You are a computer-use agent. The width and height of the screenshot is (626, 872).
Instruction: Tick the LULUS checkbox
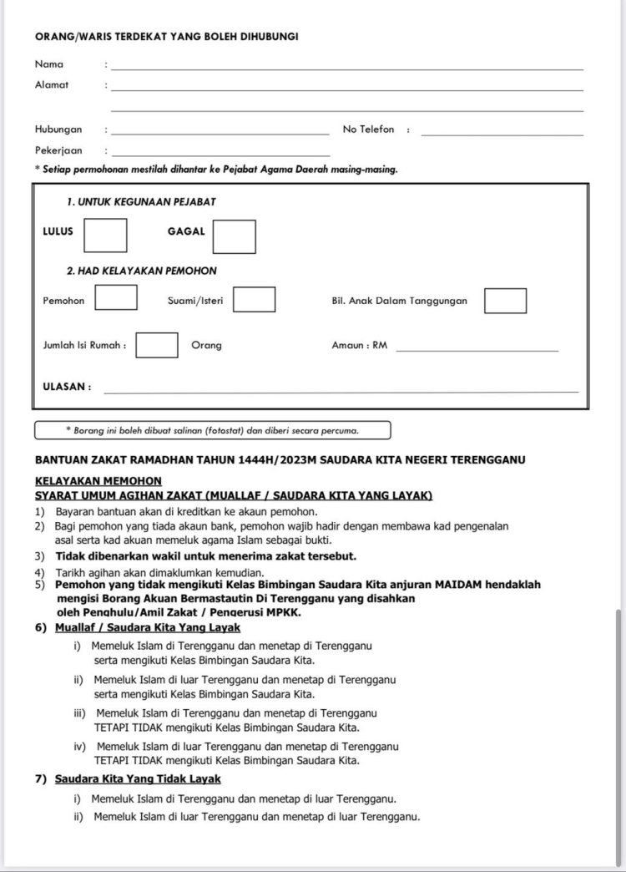(x=105, y=235)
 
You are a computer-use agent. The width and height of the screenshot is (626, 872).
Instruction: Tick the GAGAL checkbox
(x=234, y=236)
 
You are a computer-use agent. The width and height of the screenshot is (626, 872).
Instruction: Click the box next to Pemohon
(x=116, y=297)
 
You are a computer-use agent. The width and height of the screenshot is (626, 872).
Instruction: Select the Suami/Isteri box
(x=254, y=299)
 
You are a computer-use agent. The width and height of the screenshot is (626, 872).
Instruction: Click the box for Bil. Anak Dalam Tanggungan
(x=505, y=301)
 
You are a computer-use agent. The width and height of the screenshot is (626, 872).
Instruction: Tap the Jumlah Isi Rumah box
(x=157, y=344)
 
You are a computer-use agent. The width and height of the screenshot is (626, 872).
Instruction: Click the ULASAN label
(x=67, y=388)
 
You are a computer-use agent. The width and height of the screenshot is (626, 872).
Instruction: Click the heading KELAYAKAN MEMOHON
(x=98, y=481)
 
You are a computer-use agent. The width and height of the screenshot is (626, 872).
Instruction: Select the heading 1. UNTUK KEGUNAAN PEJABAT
(x=142, y=202)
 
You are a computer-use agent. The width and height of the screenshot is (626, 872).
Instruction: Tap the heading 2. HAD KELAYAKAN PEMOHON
(x=142, y=271)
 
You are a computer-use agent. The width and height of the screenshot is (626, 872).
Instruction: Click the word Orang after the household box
(x=207, y=345)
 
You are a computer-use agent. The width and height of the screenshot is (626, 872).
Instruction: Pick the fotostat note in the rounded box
(x=212, y=430)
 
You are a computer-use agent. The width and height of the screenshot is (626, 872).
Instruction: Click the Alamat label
(x=52, y=84)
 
